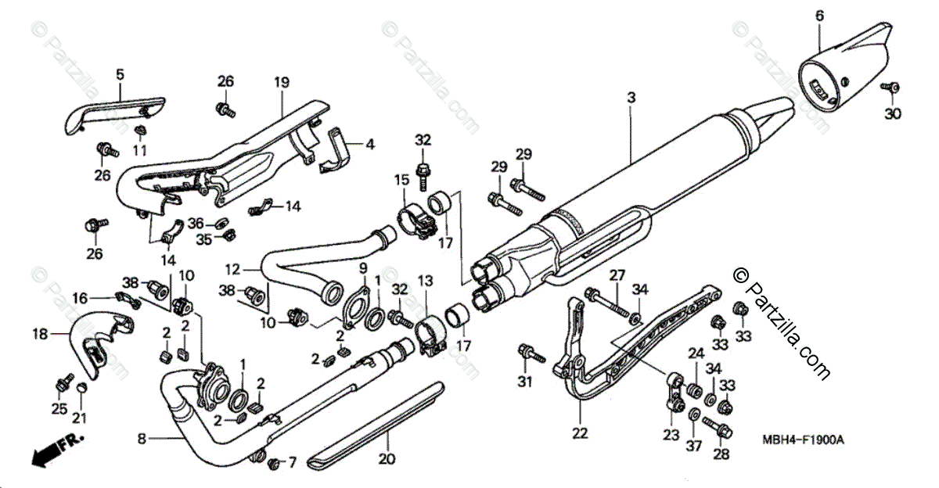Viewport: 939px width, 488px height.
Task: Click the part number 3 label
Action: pyautogui.click(x=631, y=98)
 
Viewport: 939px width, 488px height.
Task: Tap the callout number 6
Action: pyautogui.click(x=819, y=15)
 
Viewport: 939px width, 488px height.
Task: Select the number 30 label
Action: pyautogui.click(x=893, y=113)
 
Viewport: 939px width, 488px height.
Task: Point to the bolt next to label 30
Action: pyautogui.click(x=890, y=88)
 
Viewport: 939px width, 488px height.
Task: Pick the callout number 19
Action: pyautogui.click(x=282, y=82)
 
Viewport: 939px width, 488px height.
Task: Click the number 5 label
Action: pyautogui.click(x=120, y=74)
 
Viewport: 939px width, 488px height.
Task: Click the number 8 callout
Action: pyautogui.click(x=142, y=440)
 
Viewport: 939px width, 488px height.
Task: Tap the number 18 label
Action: pyautogui.click(x=39, y=335)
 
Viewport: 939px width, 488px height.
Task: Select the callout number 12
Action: pyautogui.click(x=232, y=270)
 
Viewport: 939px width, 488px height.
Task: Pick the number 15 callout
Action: pyautogui.click(x=401, y=180)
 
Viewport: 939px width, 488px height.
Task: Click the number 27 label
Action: pyautogui.click(x=617, y=274)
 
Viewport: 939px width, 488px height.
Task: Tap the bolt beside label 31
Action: pyautogui.click(x=531, y=353)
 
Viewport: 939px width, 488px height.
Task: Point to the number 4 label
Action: pyautogui.click(x=369, y=144)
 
